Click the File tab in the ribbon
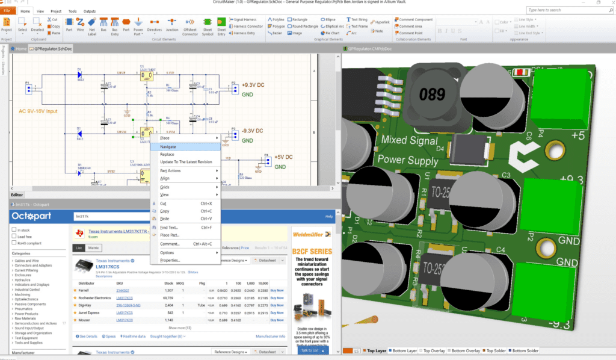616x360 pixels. [7, 11]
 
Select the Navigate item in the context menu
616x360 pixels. [168, 146]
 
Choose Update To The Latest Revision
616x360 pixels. [185, 162]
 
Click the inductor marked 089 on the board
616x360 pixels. [432, 94]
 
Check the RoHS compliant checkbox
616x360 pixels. [14, 244]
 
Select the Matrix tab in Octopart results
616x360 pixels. [94, 247]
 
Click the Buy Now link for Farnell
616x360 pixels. [277, 290]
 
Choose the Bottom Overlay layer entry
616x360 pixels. [466, 350]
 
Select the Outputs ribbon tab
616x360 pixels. [89, 11]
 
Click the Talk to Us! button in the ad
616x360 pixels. [309, 349]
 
